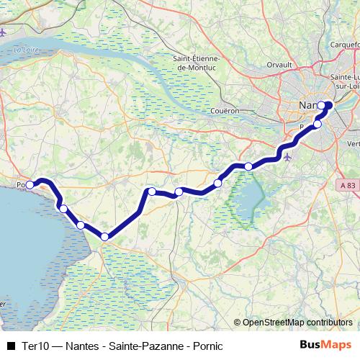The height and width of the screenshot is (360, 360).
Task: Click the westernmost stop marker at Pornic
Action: coord(30,185)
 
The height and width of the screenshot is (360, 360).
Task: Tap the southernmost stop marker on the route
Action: coord(104,237)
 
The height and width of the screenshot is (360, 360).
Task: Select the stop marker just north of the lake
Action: coord(248,166)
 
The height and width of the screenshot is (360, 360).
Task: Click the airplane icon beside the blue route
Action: coord(289,156)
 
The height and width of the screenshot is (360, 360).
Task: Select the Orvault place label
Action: coord(279,65)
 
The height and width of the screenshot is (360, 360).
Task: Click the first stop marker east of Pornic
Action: coord(63,209)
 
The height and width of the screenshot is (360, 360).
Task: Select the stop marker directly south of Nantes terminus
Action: coord(318,124)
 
